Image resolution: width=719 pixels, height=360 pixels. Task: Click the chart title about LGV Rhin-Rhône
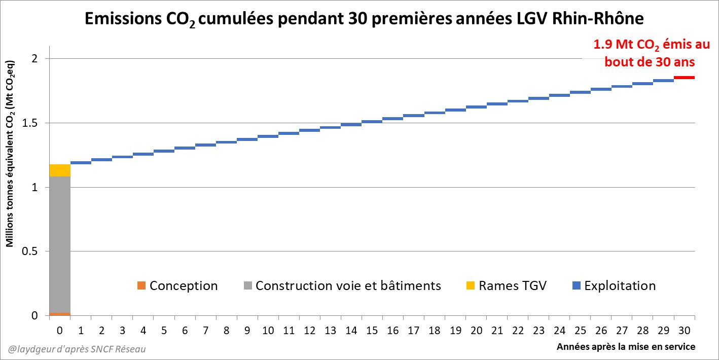coord(364,20)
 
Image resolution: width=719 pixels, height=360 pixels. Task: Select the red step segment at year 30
coord(684,78)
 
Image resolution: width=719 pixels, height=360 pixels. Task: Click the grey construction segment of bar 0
coord(60,243)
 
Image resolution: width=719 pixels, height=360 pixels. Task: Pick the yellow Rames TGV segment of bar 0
coord(60,170)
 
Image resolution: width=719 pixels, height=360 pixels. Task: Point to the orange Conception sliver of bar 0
coord(60,314)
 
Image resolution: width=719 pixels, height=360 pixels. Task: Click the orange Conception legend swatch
coord(141,285)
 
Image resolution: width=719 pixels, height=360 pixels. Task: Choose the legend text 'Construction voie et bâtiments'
coord(348,285)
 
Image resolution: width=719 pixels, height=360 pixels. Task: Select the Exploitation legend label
coord(620,285)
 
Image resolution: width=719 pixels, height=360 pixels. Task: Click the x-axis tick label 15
coord(372,331)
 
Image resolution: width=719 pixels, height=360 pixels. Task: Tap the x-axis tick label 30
coord(684,331)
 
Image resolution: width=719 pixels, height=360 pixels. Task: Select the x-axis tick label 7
coord(206,331)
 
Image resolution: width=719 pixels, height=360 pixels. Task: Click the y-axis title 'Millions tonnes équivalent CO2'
coord(10,154)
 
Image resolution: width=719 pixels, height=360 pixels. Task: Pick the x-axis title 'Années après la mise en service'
coord(626,347)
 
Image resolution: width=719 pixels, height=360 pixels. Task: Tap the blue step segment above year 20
coord(476,107)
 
